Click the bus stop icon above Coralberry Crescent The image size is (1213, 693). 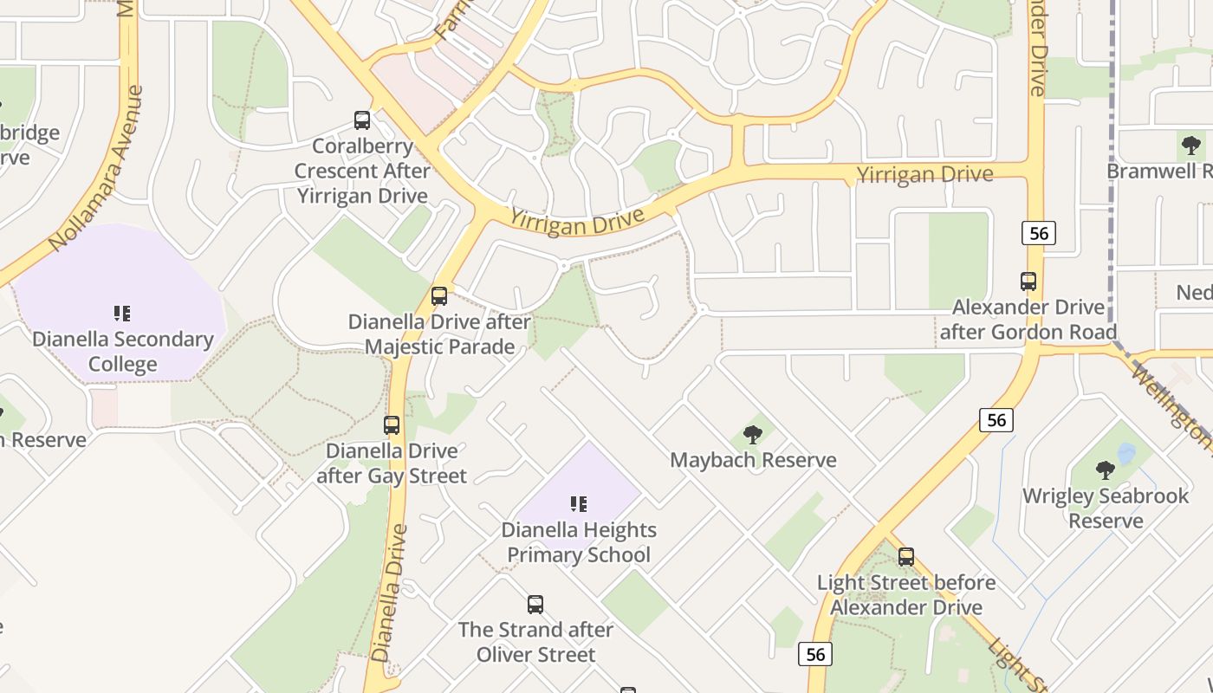pos(362,120)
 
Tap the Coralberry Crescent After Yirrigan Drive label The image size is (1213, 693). pos(362,171)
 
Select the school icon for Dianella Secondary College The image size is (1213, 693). pos(122,313)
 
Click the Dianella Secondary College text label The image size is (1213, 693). pos(122,351)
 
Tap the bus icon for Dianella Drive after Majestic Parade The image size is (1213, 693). pos(439,296)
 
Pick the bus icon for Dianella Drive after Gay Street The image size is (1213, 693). pos(392,425)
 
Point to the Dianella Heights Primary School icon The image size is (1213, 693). pos(579,503)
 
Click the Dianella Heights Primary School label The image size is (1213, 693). pos(579,542)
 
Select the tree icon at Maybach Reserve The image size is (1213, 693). pos(753,435)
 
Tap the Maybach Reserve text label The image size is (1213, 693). pos(753,460)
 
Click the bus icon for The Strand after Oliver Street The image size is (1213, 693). pos(535,605)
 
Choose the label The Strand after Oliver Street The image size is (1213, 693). pos(535,642)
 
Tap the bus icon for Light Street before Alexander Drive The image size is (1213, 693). pos(906,557)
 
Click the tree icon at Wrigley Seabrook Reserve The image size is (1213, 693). pos(1106,470)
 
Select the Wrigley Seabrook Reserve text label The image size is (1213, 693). pos(1106,508)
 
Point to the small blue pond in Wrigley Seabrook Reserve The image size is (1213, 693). pos(1126,453)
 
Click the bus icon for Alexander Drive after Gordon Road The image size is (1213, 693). pos(1028,282)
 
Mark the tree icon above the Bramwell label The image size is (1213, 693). pos(1191,145)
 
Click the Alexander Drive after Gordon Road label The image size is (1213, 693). pos(1028,320)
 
